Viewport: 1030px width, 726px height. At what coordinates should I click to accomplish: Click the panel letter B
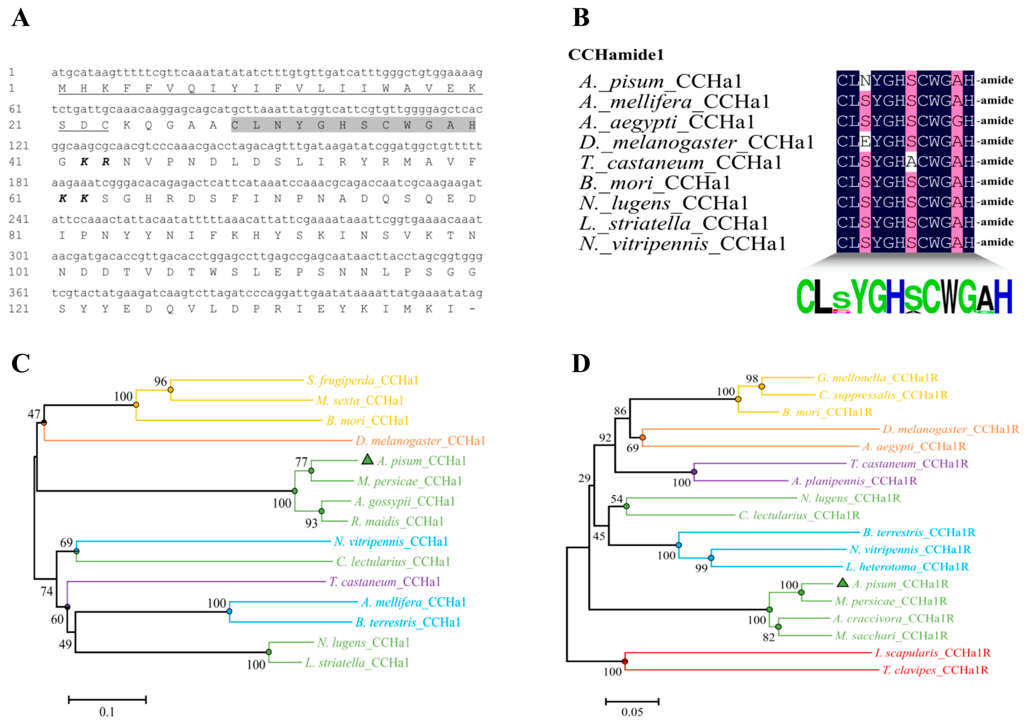(x=581, y=18)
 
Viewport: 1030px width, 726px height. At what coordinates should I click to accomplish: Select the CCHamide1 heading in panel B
(x=615, y=55)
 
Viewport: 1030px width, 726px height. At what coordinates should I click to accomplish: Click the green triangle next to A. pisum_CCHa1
(x=367, y=459)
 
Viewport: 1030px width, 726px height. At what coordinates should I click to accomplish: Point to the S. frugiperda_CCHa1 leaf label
(x=362, y=380)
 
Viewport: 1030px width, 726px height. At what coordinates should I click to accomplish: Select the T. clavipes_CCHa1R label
(x=935, y=670)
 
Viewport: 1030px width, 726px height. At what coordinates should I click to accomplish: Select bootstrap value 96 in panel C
(x=161, y=382)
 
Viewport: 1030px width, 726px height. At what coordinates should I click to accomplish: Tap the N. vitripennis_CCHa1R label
(x=910, y=550)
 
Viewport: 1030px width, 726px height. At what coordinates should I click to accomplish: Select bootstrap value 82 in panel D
(x=768, y=637)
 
